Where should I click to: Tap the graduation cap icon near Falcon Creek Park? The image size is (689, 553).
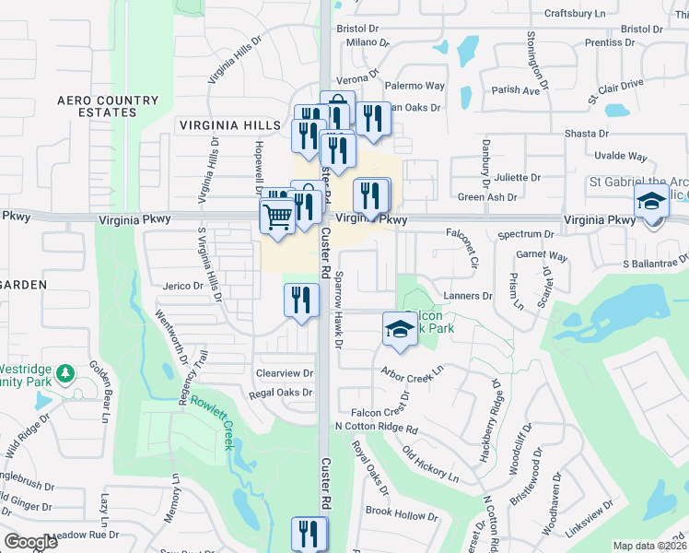coord(399,329)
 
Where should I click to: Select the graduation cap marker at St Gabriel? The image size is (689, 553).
coord(651,203)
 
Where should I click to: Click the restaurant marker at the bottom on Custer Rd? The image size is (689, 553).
coord(309,533)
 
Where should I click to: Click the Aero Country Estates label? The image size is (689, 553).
coord(96,106)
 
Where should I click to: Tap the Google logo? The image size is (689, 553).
coord(30,542)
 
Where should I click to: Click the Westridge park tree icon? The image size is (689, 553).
coord(64,373)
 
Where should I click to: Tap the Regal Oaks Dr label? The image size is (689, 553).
coord(281,393)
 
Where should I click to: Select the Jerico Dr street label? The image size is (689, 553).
coord(184,286)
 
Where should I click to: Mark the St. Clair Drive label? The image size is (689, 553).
coord(615,90)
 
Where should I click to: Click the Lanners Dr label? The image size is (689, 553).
coord(469,296)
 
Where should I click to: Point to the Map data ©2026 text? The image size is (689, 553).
coord(649,546)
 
